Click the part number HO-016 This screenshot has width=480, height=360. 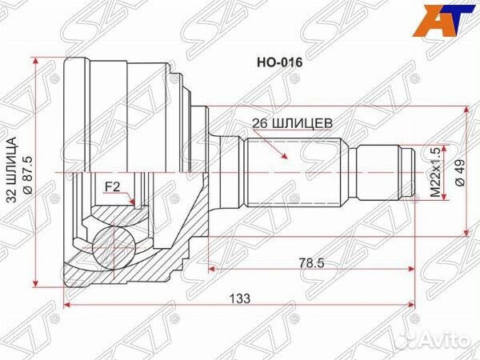273,59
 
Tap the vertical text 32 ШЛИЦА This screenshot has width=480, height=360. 14,171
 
